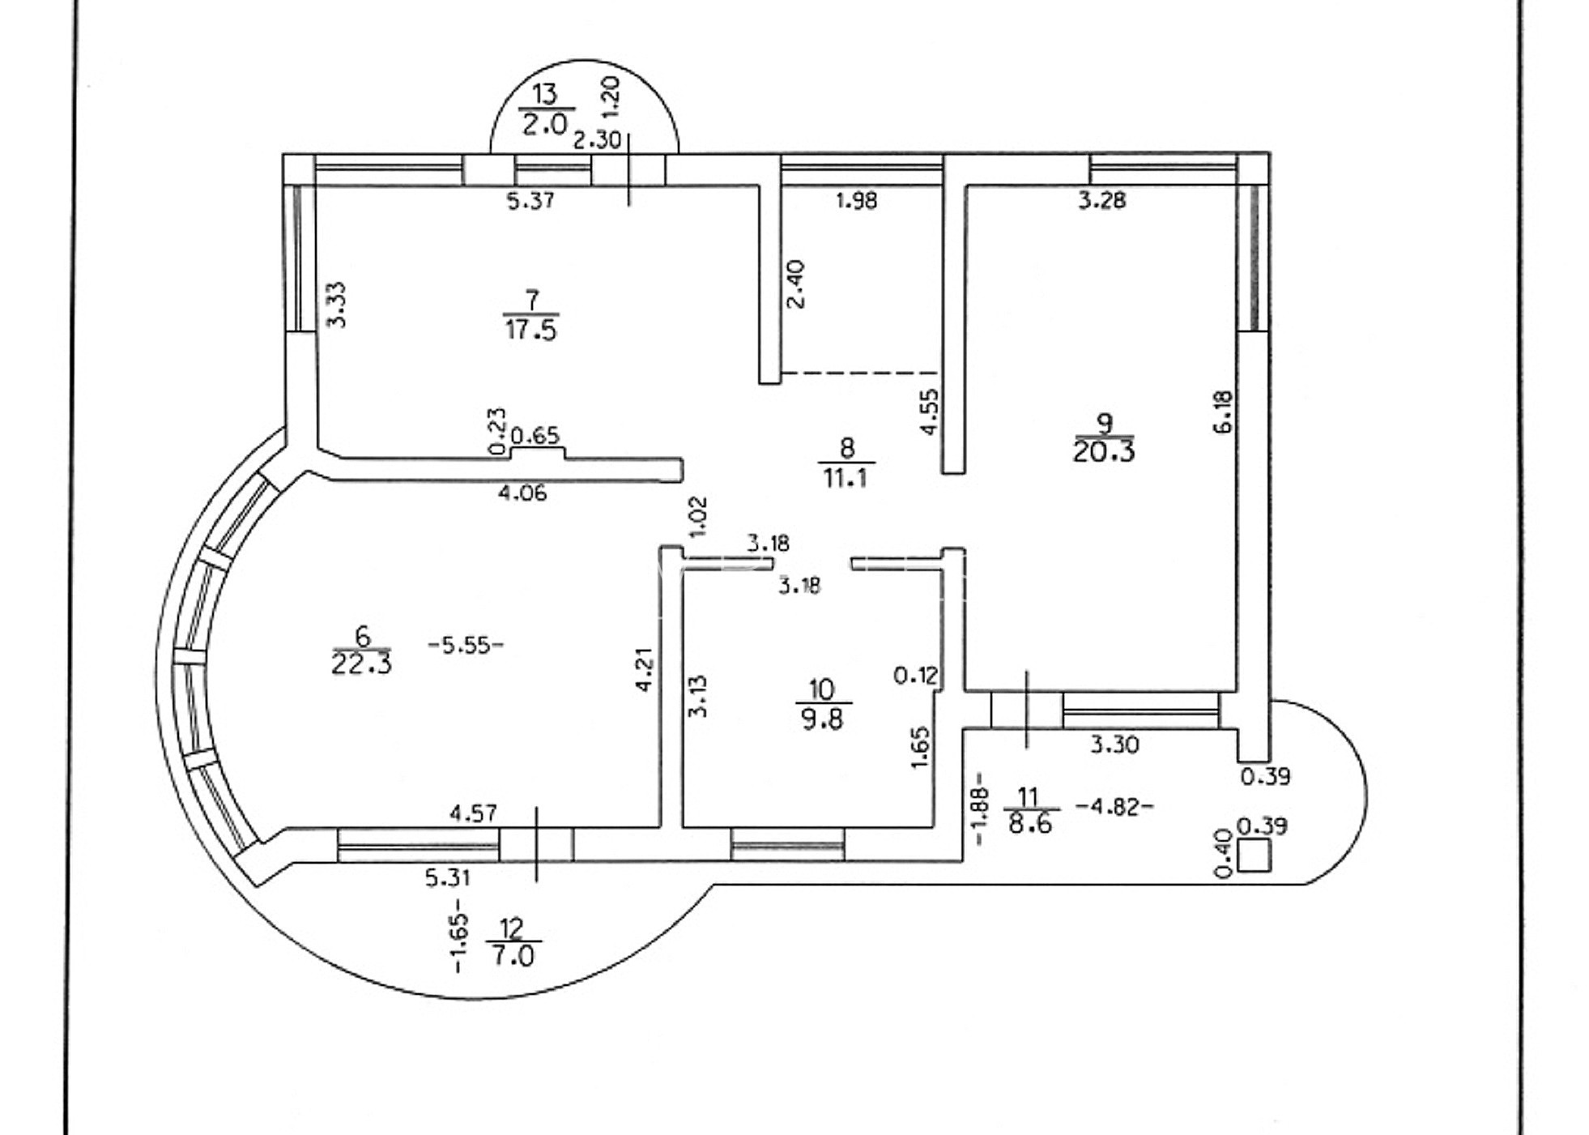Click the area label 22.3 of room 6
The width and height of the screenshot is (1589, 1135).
pos(361,664)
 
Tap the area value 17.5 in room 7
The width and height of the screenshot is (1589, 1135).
pos(531,330)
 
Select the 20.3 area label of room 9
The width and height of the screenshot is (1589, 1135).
pos(1103,451)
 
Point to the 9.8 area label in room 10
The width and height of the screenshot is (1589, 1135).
pos(822,719)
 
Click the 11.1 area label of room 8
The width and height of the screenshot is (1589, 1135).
pos(846,478)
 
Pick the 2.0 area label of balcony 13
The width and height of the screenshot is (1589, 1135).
pos(544,125)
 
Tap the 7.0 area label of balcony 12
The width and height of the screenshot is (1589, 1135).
pos(513,956)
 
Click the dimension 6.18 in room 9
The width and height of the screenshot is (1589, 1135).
pos(1223,412)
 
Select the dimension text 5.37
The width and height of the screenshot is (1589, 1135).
pos(530,200)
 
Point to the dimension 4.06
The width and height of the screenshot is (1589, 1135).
pos(522,493)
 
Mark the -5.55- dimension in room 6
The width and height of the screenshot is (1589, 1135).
pos(466,646)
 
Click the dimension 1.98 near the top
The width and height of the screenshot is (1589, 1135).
pos(856,200)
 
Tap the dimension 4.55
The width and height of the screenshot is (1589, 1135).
pos(930,412)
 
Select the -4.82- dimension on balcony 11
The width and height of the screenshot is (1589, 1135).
pos(1114,807)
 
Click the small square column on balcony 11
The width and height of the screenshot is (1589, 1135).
pos(1255,856)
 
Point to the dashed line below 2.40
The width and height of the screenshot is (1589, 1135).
pos(858,373)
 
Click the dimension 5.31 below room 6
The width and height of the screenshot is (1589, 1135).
pos(448,877)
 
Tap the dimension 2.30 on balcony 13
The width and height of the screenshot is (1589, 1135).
pos(597,140)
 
